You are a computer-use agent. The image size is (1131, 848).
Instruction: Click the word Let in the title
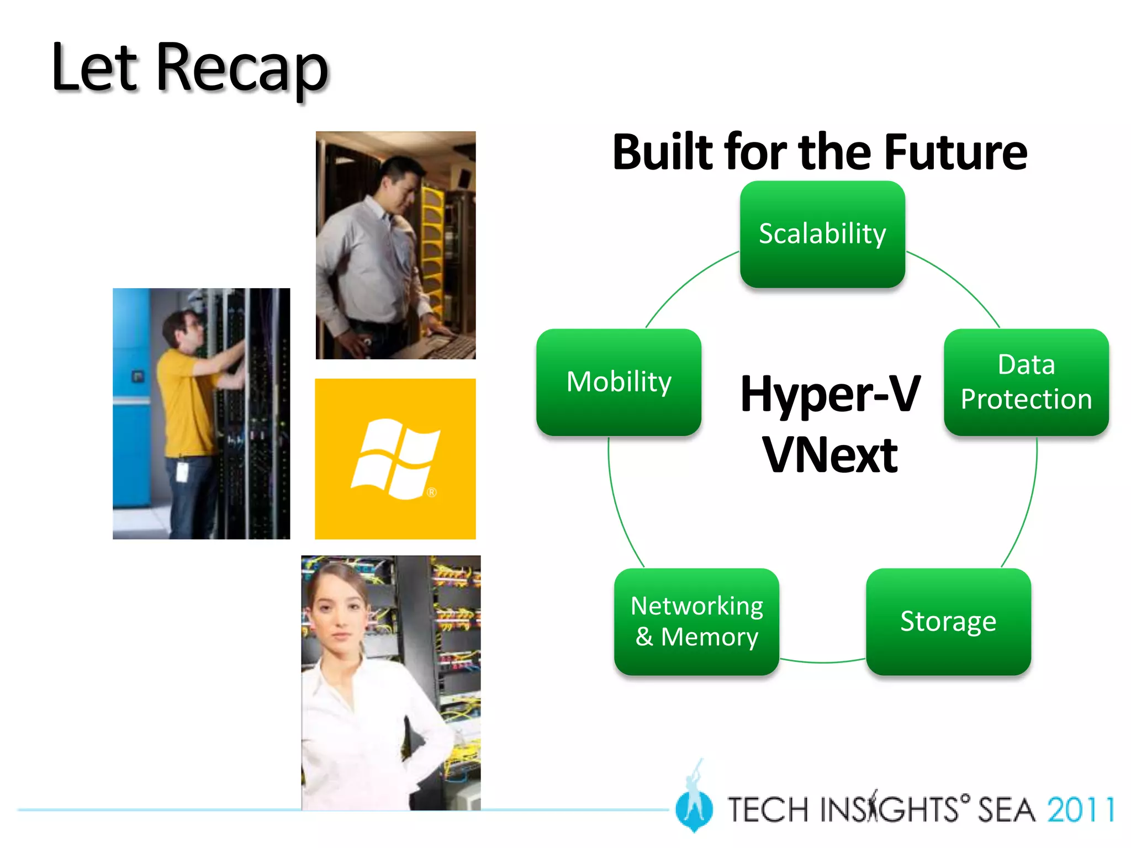(94, 69)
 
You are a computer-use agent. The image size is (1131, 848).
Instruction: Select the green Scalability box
(822, 234)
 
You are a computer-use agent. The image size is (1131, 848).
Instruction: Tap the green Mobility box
(619, 382)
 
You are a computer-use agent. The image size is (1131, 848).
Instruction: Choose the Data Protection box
(1026, 382)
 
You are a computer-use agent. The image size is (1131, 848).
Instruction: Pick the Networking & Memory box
(696, 622)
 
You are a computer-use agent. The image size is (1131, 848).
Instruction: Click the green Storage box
(948, 622)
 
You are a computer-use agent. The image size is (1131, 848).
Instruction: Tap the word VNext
(830, 455)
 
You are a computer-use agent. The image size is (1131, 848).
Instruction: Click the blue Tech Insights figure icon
(694, 806)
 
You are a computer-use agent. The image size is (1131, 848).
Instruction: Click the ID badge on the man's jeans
(182, 471)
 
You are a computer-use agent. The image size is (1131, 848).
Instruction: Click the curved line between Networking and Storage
(823, 661)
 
